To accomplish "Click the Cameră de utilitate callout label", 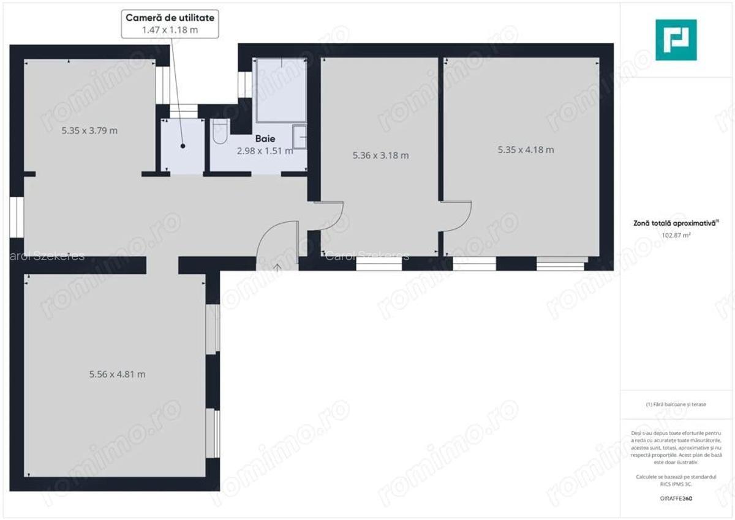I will [170, 18].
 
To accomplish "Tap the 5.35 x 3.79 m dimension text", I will [89, 130].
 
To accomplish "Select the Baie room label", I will [265, 139].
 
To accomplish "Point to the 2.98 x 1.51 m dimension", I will [265, 150].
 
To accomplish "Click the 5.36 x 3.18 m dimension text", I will [380, 155].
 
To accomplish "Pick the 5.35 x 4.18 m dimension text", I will [526, 149].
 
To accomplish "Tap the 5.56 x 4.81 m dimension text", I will [117, 374].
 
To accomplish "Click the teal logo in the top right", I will [676, 40].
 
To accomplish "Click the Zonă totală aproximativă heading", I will [676, 224].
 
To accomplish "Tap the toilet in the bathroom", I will [220, 131].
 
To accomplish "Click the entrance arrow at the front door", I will [277, 266].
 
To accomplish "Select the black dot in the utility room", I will [183, 146].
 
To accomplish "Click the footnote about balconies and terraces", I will [676, 404].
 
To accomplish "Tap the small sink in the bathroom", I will [300, 137].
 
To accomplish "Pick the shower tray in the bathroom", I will [280, 90].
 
